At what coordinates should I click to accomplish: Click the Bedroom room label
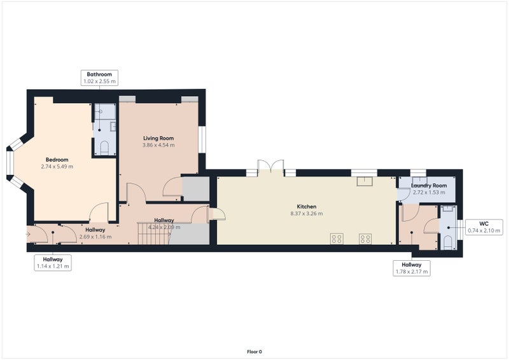coord(57,160)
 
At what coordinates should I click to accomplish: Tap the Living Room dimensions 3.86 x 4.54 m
coord(158,145)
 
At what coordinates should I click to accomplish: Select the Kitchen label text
coord(307,207)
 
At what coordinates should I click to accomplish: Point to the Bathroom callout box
coord(99,78)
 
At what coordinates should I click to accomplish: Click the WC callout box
coord(484,227)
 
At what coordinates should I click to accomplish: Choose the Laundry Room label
coord(429,186)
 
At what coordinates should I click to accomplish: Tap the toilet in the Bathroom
coord(104,148)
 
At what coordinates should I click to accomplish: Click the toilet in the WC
coord(449,243)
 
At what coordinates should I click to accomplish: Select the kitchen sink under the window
coord(365,181)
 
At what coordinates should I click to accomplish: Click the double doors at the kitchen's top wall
coord(270,166)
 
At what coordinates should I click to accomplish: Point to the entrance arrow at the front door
coord(28,234)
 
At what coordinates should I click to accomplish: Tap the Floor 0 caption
coord(254,352)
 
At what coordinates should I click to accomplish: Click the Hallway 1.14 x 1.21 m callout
coord(53,263)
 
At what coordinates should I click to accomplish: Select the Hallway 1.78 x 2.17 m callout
coord(412,268)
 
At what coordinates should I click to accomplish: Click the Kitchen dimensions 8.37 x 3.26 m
coord(307,214)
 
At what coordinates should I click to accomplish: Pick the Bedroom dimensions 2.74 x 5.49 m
coord(57,167)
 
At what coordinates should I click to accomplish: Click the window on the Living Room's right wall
coord(202,139)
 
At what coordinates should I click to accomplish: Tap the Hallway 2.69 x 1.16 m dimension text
coord(95,237)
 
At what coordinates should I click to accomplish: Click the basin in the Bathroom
coord(113,127)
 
